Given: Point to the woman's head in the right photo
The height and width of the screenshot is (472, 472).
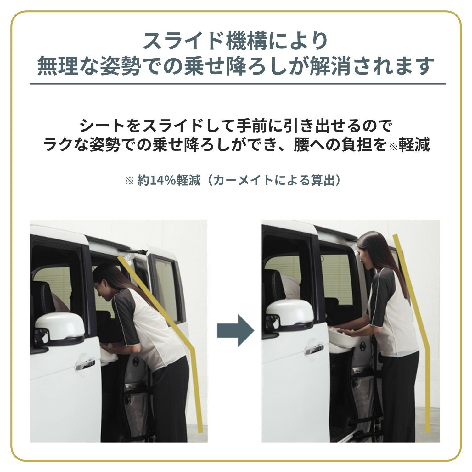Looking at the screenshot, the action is point(368,249).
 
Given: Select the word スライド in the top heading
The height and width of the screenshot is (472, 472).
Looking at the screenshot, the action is point(183,41).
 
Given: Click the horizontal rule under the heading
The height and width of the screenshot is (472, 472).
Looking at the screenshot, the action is point(238,84).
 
